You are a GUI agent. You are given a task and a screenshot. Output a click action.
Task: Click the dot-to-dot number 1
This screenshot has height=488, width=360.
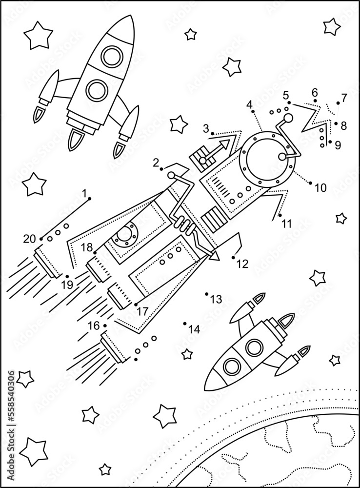(x=86, y=194)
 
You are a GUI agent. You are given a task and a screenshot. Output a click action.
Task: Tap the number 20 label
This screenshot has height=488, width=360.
(x=29, y=239)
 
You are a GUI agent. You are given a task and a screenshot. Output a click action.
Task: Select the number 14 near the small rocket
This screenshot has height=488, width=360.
(x=194, y=329)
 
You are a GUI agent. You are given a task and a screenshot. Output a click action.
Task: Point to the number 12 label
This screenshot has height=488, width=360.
(x=242, y=264)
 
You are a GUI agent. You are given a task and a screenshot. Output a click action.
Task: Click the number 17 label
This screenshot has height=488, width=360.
(x=142, y=309)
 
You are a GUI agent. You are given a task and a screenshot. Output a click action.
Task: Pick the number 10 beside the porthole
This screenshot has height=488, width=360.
(x=320, y=187)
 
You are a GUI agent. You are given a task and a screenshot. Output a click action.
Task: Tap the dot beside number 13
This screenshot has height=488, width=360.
(x=207, y=294)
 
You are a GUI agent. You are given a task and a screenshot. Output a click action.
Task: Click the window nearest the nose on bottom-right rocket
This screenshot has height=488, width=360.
(x=233, y=366)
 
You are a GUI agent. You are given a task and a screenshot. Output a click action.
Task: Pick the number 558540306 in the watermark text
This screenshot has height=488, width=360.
(x=11, y=406)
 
